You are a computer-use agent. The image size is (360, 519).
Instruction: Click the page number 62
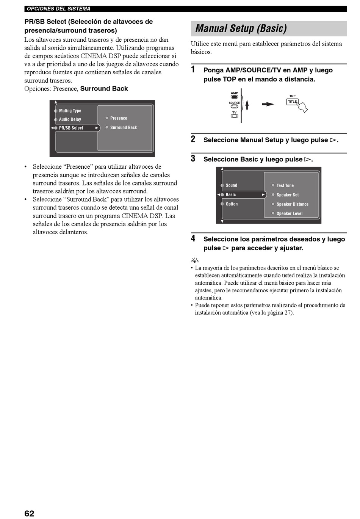coord(29,513)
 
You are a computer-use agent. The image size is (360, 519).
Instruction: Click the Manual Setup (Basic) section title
coord(241,28)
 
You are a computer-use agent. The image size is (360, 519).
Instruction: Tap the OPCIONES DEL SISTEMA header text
coord(59,9)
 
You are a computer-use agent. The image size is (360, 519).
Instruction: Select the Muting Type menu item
coord(70,111)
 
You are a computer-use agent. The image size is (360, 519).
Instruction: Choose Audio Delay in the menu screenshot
coord(70,119)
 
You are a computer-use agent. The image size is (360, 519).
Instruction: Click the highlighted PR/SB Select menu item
coord(71,128)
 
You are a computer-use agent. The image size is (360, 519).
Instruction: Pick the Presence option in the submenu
coord(118,118)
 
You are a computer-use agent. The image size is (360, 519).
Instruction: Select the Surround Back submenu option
coord(123,128)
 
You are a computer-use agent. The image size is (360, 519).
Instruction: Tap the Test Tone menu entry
coord(285,186)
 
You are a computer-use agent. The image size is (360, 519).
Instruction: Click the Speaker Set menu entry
coord(287,195)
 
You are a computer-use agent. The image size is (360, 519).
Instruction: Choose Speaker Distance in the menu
coord(292,204)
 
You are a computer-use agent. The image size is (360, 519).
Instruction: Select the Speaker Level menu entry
coord(289,214)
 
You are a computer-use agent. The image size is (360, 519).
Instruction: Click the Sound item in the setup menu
coord(231,185)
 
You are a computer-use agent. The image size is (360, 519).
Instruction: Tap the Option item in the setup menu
coord(232,204)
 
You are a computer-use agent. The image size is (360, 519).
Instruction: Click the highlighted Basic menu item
coord(231,195)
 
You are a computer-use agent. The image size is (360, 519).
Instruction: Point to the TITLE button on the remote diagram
coord(292,102)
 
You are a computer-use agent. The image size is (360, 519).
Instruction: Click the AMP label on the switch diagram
coord(235,93)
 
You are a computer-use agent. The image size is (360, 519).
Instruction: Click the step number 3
coord(193,158)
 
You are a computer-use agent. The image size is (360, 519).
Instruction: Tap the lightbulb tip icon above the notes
coord(195,260)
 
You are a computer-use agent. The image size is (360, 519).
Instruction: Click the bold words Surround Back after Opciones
coord(104,89)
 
